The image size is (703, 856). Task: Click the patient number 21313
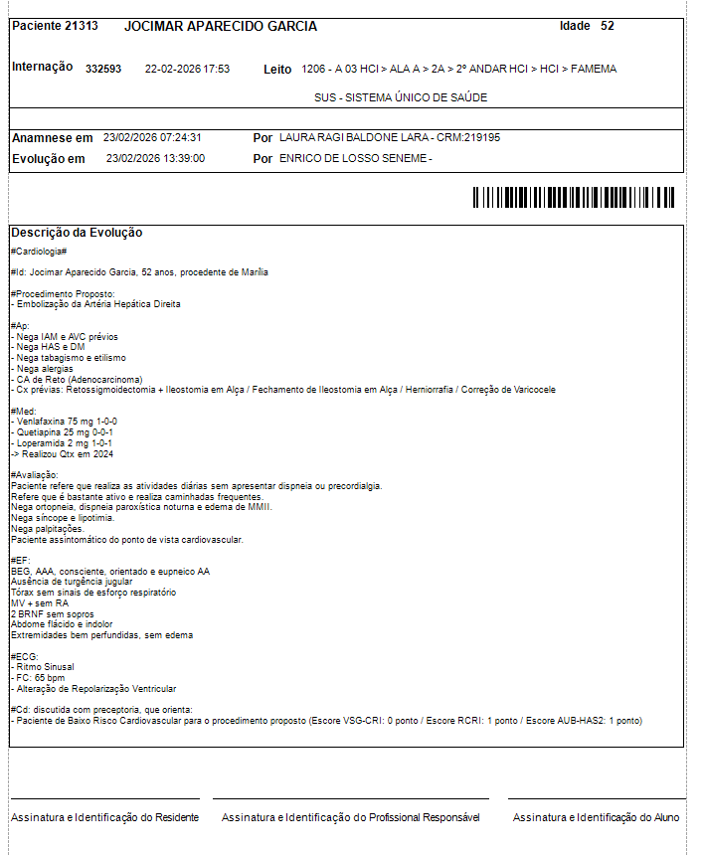[x=81, y=26]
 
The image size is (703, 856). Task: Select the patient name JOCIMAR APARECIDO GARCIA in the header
[x=221, y=26]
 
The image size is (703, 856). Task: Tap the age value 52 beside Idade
[x=608, y=26]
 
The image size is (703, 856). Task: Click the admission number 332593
[x=103, y=70]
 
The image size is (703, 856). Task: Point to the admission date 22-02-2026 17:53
[x=187, y=70]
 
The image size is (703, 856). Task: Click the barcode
[x=573, y=197]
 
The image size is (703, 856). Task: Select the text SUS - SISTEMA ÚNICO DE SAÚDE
[x=401, y=97]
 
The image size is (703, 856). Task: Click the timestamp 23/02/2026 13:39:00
[x=155, y=158]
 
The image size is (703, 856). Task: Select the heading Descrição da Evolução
[x=77, y=233]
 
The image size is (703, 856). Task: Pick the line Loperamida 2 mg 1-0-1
[x=63, y=443]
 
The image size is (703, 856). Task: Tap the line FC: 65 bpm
[x=39, y=678]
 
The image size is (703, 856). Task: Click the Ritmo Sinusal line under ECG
[x=44, y=667]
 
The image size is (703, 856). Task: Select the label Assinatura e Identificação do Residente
[x=104, y=817]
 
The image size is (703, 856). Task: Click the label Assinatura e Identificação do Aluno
[x=596, y=817]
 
